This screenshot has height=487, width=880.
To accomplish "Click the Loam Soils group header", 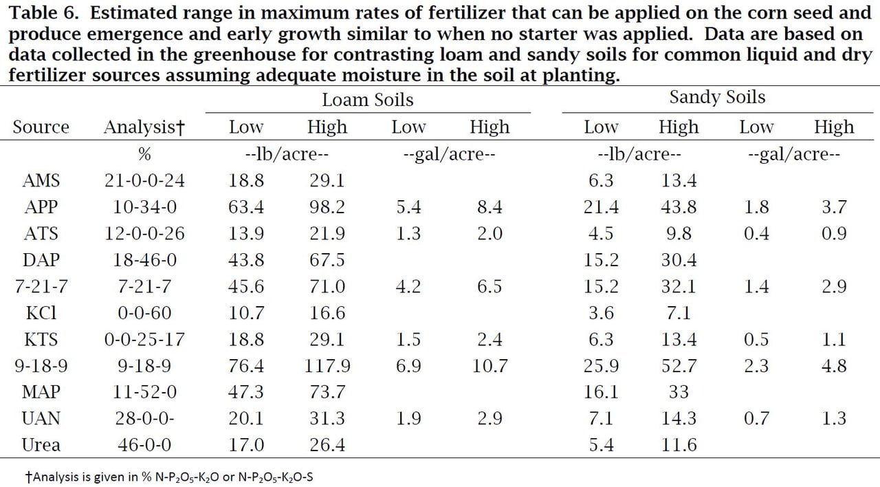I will pyautogui.click(x=367, y=100).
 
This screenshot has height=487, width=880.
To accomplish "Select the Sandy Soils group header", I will pyautogui.click(x=717, y=98).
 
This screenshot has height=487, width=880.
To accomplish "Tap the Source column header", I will pyautogui.click(x=41, y=127).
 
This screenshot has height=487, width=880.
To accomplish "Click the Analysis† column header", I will pyautogui.click(x=145, y=127).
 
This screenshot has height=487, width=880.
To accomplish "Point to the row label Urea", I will pyautogui.click(x=41, y=444).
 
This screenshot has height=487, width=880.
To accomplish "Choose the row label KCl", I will pyautogui.click(x=41, y=313).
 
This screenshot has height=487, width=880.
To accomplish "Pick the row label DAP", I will pyautogui.click(x=41, y=260).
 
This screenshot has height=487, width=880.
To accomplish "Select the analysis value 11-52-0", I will pyautogui.click(x=145, y=392).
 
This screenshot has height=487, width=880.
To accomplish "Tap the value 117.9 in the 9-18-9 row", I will pyautogui.click(x=327, y=366).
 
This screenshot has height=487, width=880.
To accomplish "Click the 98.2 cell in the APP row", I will pyautogui.click(x=327, y=207).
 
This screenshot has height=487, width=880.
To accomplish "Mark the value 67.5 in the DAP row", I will pyautogui.click(x=327, y=260).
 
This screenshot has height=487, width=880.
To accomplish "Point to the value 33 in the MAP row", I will pyautogui.click(x=679, y=392).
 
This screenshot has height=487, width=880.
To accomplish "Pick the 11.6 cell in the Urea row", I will pyautogui.click(x=679, y=444).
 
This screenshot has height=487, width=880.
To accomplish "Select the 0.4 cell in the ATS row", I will pyautogui.click(x=756, y=234).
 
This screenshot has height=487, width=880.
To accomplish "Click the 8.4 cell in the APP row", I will pyautogui.click(x=489, y=207).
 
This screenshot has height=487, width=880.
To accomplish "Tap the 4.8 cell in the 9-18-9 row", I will pyautogui.click(x=834, y=366).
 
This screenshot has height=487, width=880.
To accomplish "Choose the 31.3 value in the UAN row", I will pyautogui.click(x=327, y=418).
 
